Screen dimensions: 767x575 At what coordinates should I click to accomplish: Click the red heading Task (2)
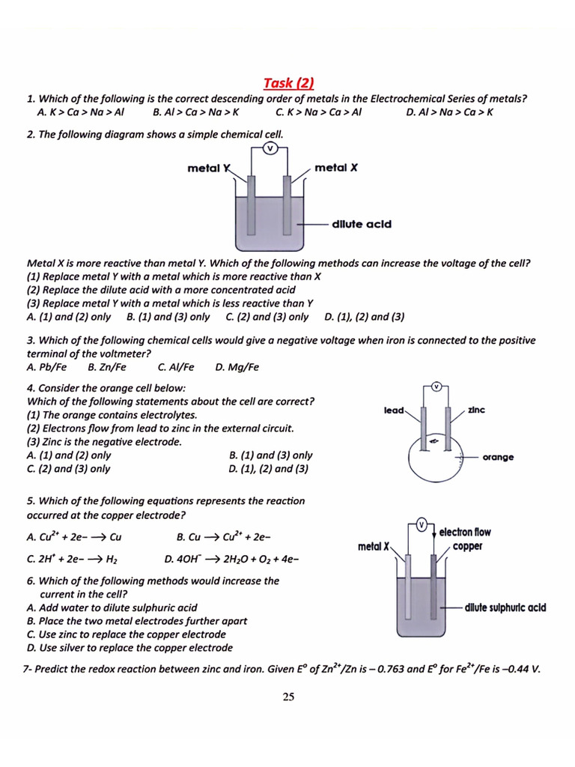coord(288,82)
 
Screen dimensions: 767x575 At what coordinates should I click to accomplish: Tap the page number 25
coord(288,697)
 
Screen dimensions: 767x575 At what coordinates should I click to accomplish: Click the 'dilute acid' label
coord(362,223)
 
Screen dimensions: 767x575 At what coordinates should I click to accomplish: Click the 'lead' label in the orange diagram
coord(393,410)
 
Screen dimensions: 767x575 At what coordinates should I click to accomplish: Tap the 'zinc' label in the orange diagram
coord(476,410)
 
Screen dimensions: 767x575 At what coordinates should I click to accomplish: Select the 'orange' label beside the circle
coord(498,457)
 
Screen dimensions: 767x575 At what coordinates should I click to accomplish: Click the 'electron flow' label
coord(465,532)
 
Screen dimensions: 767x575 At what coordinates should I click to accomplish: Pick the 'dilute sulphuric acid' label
coord(505,607)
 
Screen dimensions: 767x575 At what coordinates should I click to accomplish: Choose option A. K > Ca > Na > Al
coord(80,112)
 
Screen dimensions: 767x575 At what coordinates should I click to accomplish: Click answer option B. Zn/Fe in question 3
coord(107,367)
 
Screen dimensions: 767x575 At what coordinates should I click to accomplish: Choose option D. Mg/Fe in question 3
coord(237,367)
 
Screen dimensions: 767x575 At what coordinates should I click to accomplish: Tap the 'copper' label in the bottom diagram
coord(467,547)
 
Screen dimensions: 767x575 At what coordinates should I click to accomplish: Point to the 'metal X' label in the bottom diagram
coord(374,547)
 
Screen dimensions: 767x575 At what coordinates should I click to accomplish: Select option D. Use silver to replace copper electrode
coord(130,648)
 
